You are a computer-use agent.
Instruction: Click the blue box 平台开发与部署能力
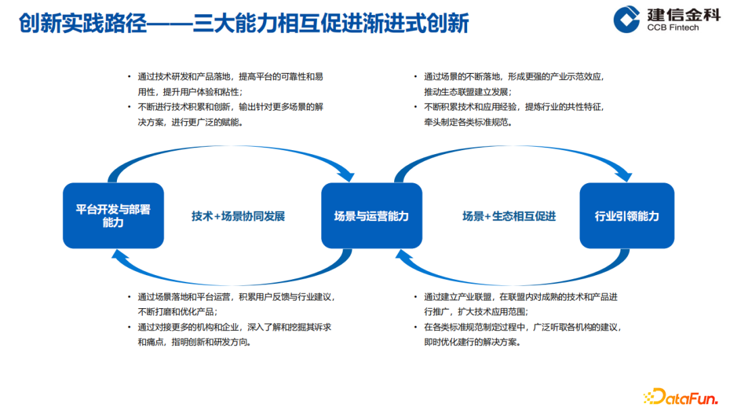(x=113, y=216)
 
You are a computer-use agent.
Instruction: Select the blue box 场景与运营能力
(x=371, y=216)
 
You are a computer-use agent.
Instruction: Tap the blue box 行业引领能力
(x=627, y=216)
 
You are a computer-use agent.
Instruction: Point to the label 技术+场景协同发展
(x=238, y=216)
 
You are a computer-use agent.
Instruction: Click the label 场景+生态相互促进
(x=508, y=216)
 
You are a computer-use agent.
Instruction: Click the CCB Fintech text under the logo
(x=673, y=27)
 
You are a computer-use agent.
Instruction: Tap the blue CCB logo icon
(x=627, y=19)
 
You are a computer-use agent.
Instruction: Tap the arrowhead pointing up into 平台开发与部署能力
(x=119, y=254)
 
